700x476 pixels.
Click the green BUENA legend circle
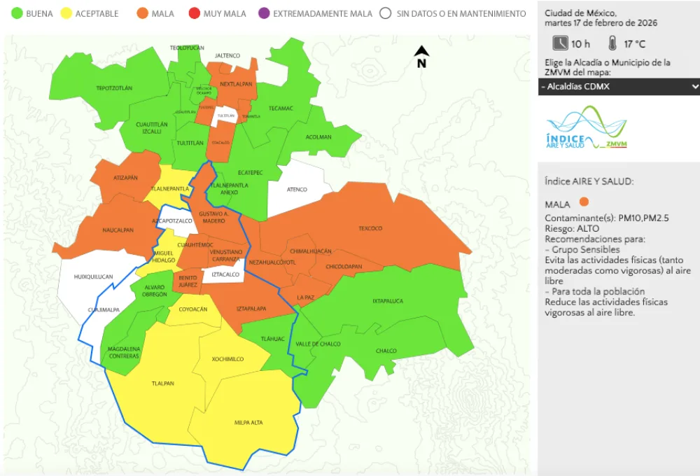(x=15, y=13)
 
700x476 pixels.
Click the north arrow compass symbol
(x=421, y=56)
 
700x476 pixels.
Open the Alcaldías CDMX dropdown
(x=619, y=86)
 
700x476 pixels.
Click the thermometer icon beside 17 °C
(x=612, y=43)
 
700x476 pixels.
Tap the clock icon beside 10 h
(x=560, y=43)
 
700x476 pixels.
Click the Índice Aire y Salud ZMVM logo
(x=586, y=128)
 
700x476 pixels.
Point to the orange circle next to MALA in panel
(x=584, y=203)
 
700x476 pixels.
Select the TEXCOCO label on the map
(x=370, y=228)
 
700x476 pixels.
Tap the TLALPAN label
(x=162, y=384)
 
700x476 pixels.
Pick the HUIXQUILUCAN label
(x=93, y=276)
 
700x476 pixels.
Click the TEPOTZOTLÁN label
(x=114, y=88)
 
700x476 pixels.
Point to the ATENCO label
(x=297, y=189)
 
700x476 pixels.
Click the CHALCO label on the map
(x=386, y=351)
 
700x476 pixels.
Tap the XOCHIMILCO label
(x=227, y=359)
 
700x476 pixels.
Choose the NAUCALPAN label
(x=117, y=230)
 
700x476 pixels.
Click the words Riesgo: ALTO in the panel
(x=572, y=228)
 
